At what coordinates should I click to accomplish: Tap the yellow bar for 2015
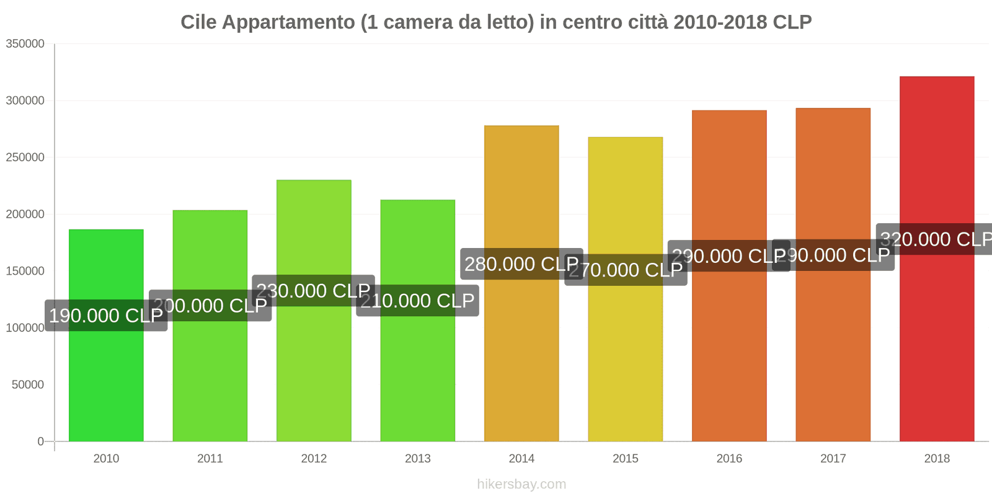click(625, 360)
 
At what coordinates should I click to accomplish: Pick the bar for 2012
click(314, 366)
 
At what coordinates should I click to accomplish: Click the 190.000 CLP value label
click(106, 316)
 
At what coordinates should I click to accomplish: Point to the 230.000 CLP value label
click(313, 291)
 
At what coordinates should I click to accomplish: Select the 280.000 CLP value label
click(521, 264)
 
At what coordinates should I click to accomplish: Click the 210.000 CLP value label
click(417, 301)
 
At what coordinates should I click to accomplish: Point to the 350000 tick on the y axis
click(25, 44)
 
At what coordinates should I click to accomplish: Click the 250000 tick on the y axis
click(25, 157)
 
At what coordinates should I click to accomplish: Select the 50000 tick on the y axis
click(28, 385)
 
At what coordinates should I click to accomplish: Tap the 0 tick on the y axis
click(41, 441)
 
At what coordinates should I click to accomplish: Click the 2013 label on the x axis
click(417, 459)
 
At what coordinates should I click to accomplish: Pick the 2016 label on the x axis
click(729, 459)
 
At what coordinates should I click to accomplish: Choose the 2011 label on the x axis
click(210, 459)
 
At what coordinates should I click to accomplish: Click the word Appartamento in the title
click(288, 22)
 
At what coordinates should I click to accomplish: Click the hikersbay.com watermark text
click(521, 484)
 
